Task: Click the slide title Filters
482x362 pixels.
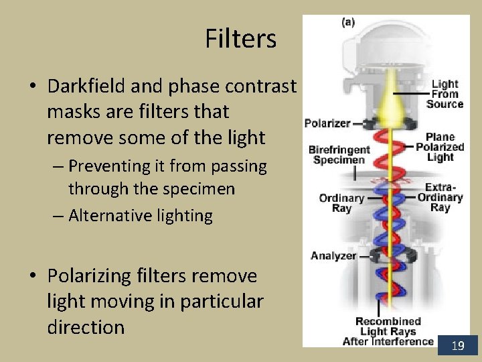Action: (240, 39)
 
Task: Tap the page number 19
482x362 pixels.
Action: (458, 346)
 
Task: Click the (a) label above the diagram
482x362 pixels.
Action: (348, 22)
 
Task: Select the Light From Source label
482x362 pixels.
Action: (445, 94)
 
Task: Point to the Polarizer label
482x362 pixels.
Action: (327, 123)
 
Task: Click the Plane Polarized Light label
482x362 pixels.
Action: (440, 147)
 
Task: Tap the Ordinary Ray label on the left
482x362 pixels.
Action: (341, 203)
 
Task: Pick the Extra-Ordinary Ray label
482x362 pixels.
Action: (440, 197)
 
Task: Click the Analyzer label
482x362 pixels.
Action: (333, 255)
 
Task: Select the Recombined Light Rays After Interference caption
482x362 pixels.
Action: (388, 332)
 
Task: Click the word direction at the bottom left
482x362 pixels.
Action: (86, 327)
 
